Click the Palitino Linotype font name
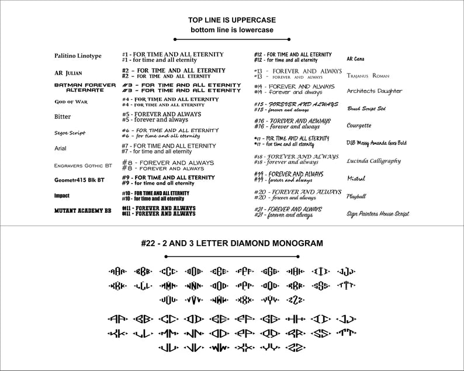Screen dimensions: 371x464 coord(77,56)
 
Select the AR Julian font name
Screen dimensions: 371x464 coord(68,73)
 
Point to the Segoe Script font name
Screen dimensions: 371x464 coord(70,133)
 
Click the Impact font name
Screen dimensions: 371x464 coord(61,195)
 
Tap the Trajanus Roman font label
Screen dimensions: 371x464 coord(368,76)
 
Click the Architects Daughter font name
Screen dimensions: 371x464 coord(374,91)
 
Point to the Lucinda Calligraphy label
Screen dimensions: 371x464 coord(373,160)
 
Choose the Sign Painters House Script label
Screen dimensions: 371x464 coord(378,214)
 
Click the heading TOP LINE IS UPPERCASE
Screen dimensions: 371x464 coord(231,19)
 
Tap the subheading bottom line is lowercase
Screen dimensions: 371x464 coord(231,29)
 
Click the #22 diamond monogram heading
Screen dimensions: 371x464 coord(232,242)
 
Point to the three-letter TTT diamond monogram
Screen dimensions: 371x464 coord(347,286)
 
